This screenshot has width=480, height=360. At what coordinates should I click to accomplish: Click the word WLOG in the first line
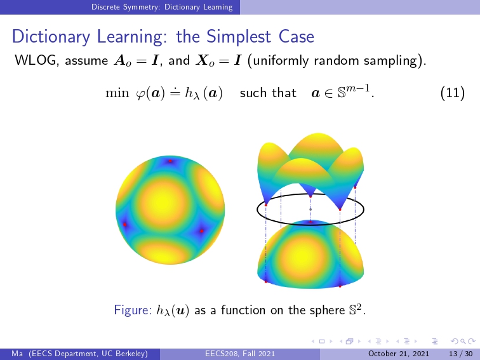pos(36,60)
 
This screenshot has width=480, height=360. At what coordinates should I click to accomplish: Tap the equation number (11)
pos(453,93)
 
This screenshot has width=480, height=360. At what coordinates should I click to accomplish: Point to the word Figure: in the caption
pos(133,310)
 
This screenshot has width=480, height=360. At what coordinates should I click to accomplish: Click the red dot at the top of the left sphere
pos(170,161)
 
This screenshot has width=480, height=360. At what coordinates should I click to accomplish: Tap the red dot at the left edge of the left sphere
pos(124,225)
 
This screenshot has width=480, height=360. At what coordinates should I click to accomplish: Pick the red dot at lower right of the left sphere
pos(201,231)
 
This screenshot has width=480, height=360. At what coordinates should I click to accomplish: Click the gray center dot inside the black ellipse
pos(310,210)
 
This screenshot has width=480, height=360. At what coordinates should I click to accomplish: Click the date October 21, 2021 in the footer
pos(399,354)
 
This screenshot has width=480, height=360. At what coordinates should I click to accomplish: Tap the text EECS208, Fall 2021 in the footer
pos(240,354)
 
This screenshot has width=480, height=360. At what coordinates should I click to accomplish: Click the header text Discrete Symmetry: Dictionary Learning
pos(162,7)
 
